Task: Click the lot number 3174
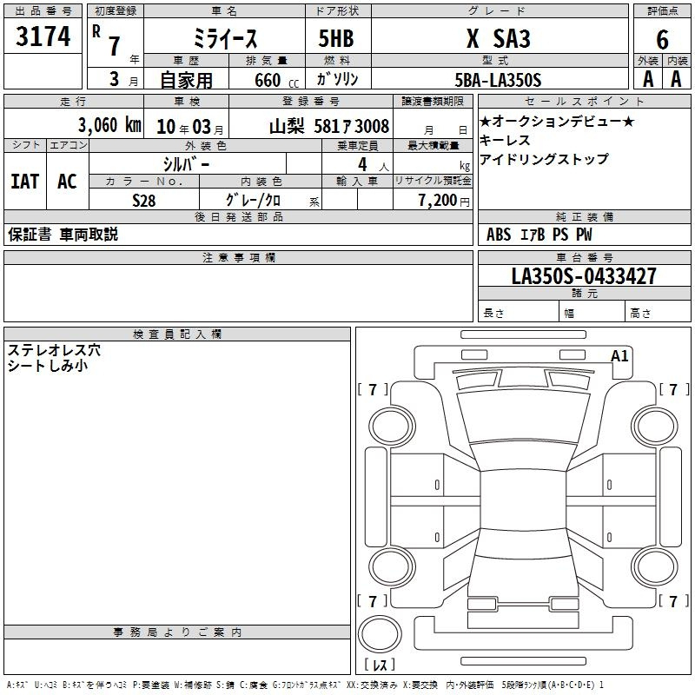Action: click(43, 36)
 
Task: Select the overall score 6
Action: click(662, 39)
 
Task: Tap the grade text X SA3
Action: click(498, 38)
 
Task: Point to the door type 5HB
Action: click(336, 38)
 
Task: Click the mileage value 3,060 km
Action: click(110, 125)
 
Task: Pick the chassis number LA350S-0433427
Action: click(584, 275)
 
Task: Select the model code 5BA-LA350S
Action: click(498, 80)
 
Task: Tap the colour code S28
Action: click(144, 201)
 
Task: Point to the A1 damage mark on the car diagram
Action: click(619, 356)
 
